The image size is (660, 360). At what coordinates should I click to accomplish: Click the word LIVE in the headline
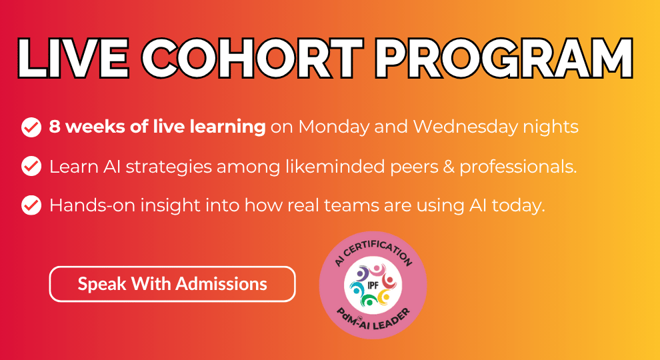(73, 59)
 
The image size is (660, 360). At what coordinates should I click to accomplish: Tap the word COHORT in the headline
(252, 59)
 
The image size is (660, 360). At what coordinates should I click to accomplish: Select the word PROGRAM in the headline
(504, 59)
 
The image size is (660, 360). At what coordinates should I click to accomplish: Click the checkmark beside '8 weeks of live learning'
(31, 127)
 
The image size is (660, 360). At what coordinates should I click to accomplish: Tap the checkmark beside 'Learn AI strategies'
(31, 166)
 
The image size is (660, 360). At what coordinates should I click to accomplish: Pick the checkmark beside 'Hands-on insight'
(31, 205)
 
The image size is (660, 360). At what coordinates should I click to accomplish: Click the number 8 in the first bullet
(54, 127)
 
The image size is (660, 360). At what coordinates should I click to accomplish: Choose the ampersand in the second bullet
(449, 167)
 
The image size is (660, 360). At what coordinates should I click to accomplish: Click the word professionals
(518, 167)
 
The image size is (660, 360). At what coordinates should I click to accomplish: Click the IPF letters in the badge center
(373, 285)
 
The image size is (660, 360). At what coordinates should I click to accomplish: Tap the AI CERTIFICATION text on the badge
(373, 252)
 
